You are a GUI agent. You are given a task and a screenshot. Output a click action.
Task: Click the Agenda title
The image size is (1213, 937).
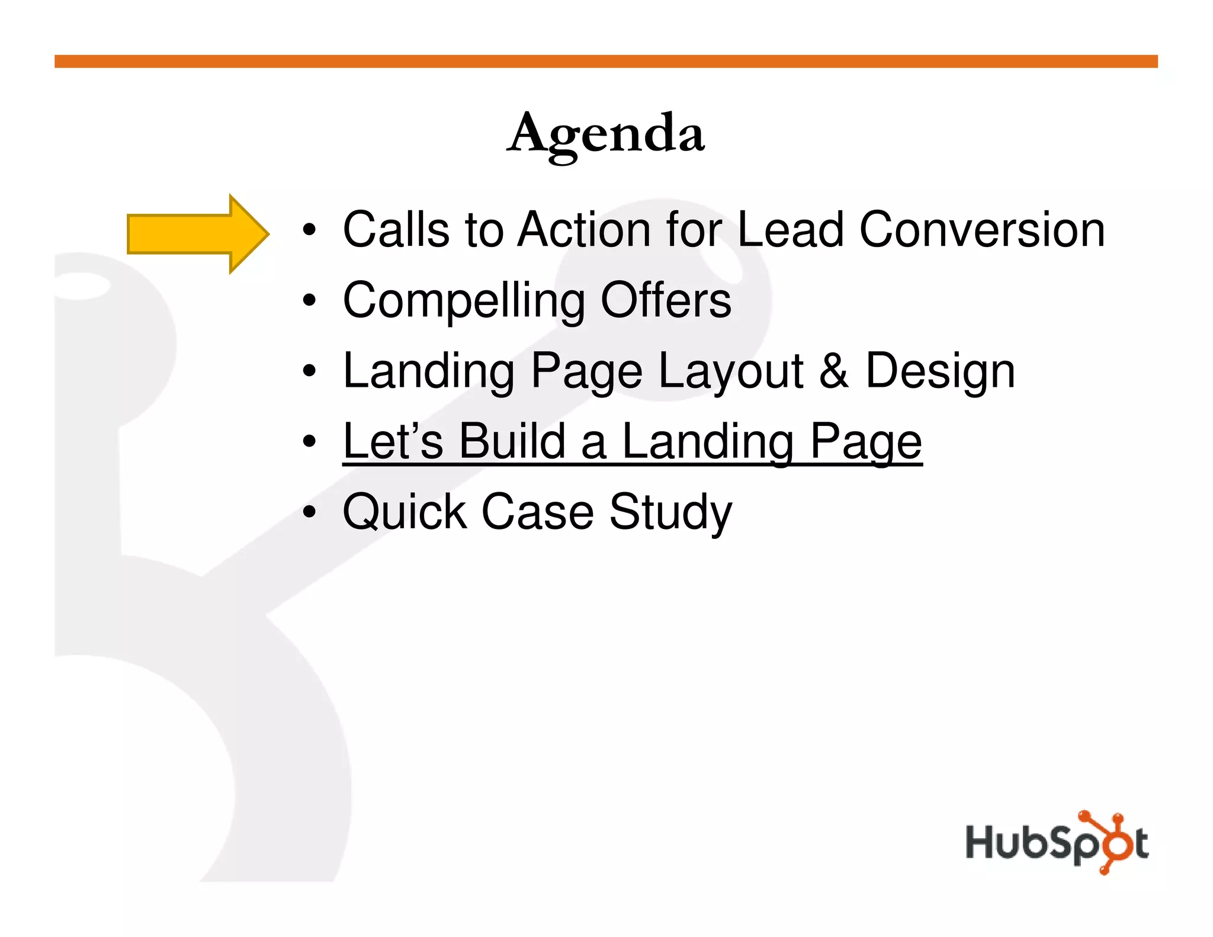[606, 134]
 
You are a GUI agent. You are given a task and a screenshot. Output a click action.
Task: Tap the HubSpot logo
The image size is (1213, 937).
[1057, 842]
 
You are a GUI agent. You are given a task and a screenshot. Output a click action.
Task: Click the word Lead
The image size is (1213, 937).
[790, 230]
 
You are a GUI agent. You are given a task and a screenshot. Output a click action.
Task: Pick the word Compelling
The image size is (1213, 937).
[464, 301]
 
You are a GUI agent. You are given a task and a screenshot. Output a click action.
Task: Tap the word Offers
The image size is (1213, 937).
[666, 300]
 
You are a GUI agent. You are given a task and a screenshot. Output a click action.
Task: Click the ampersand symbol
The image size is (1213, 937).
[834, 371]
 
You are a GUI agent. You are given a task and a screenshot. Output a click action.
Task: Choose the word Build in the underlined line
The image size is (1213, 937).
[512, 441]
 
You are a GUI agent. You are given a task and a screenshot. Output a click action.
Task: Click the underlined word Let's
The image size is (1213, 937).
[393, 441]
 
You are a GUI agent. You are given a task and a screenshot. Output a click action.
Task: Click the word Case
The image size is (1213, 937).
[537, 512]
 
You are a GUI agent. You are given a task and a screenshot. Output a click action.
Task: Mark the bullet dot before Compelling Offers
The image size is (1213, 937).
[309, 301]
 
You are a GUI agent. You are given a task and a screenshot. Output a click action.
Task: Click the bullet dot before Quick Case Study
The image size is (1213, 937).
[309, 512]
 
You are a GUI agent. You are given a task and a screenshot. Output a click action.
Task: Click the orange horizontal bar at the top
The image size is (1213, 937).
[606, 62]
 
